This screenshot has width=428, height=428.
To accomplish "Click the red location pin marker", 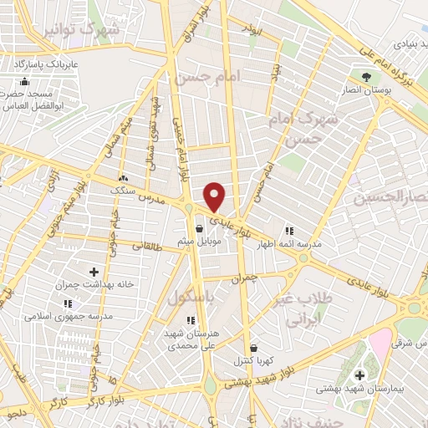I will click(215, 197).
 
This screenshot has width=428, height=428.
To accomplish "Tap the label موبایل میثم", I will click(198, 241).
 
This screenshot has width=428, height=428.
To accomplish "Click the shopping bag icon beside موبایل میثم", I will click(199, 227).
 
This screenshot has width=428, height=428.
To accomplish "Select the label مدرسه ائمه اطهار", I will click(289, 246).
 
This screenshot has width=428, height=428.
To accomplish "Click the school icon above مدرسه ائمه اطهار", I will click(289, 232).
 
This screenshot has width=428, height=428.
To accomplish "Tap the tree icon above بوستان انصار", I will click(367, 78).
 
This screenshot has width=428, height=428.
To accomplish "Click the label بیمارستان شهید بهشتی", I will click(359, 390).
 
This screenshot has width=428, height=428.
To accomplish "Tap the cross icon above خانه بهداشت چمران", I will click(94, 272).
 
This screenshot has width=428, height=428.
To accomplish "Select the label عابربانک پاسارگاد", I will click(43, 63).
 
